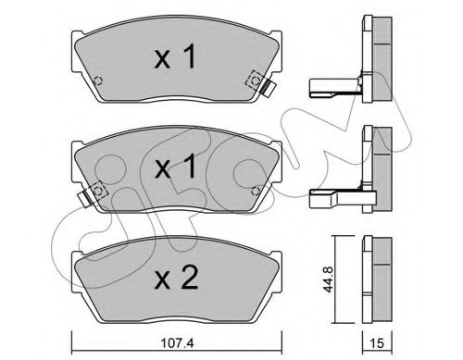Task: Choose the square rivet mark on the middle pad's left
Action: click(98, 191)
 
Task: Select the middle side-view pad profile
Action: click(380, 167)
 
